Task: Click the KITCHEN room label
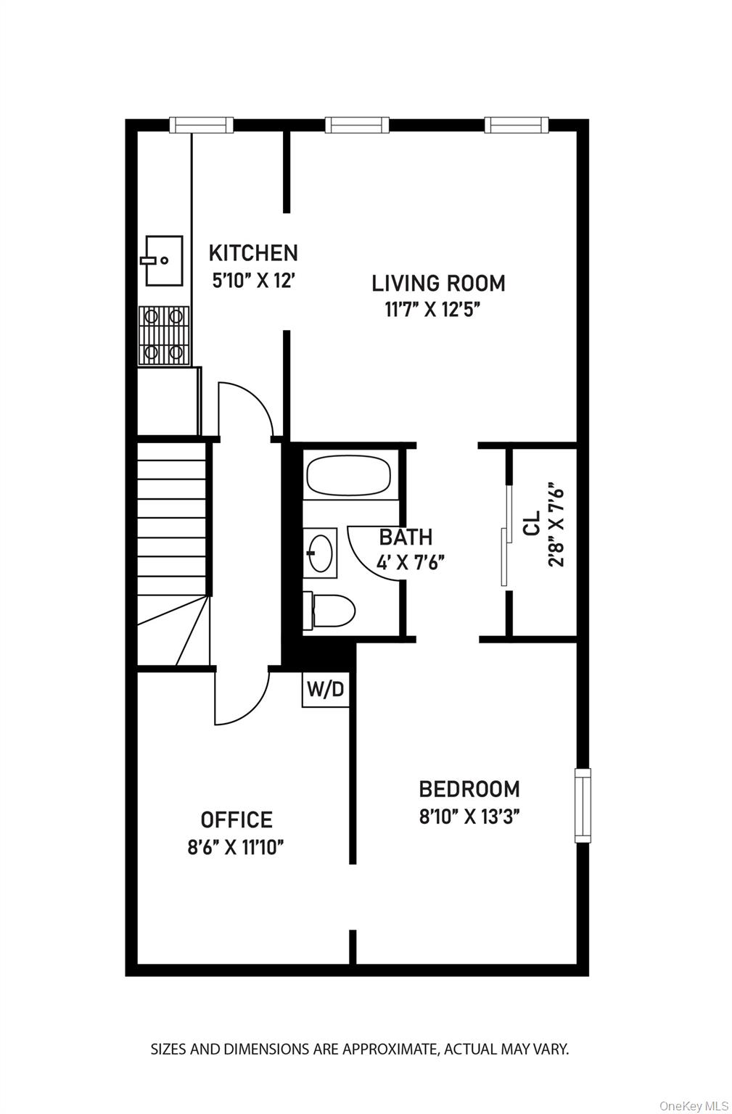tap(253, 253)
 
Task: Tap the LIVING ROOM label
tap(438, 283)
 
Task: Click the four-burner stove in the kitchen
tap(164, 334)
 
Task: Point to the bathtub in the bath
tap(349, 475)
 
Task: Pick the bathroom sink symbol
tap(320, 553)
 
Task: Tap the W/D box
tap(325, 689)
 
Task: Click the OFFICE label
tap(237, 820)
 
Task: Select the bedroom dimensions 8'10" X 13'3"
tap(469, 817)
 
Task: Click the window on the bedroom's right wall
tap(583, 805)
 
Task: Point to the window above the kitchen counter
tap(202, 125)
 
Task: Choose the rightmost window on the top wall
tap(516, 125)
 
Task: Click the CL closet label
tap(532, 522)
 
